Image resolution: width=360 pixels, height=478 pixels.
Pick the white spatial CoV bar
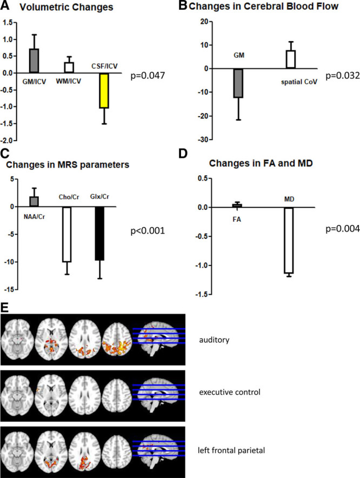[x=291, y=59]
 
